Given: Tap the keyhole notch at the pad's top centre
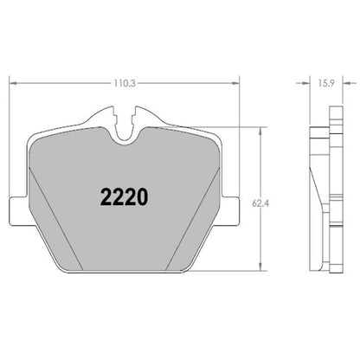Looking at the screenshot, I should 123,121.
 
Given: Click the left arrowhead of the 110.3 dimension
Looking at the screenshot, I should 11,83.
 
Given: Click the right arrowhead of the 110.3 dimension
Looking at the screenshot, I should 235,83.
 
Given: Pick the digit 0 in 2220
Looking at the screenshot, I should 141,196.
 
